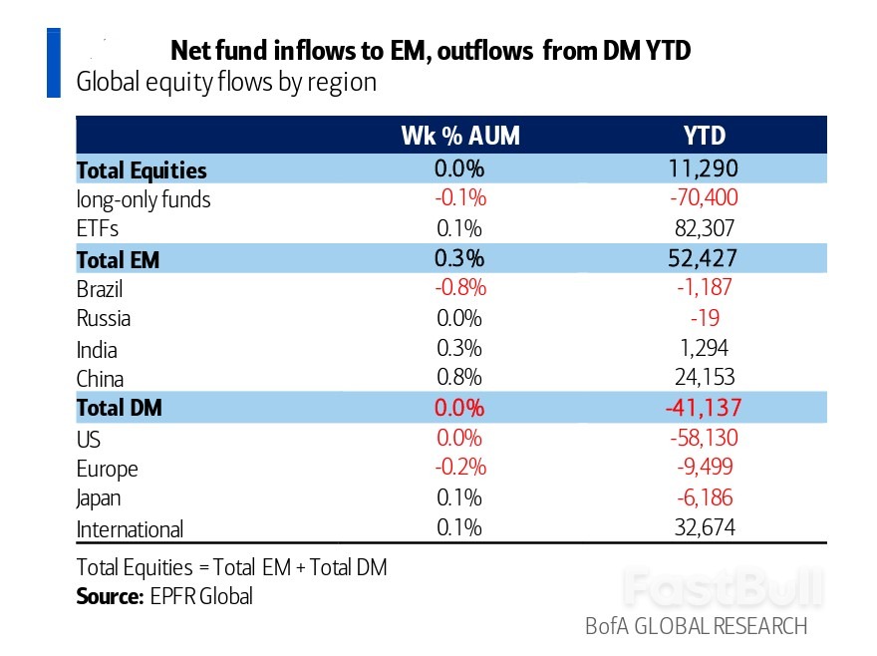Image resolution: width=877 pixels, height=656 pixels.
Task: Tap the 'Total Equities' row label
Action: tap(142, 170)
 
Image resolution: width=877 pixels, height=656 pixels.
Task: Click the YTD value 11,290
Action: tap(705, 169)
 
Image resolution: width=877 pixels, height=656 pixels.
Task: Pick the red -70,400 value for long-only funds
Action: tap(705, 198)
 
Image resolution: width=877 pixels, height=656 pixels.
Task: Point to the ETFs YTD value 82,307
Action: tap(705, 228)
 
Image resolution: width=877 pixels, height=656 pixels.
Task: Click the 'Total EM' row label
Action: tap(118, 261)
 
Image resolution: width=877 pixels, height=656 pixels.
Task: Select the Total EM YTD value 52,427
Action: tap(705, 259)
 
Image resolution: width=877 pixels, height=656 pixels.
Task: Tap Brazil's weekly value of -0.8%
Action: tap(459, 289)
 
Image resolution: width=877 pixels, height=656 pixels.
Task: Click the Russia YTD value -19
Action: tap(705, 319)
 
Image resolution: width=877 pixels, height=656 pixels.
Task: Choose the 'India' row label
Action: tap(97, 350)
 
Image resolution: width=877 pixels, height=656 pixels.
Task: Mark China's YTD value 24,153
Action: tap(705, 378)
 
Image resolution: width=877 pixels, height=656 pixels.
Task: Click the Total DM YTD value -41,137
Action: tap(705, 408)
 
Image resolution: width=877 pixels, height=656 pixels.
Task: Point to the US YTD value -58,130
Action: tap(705, 438)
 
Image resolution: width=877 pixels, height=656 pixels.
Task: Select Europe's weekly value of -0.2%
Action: tap(459, 468)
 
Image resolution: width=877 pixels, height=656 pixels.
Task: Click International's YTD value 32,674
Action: tap(705, 527)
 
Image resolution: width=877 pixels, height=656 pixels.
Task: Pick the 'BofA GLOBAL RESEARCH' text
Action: tap(696, 626)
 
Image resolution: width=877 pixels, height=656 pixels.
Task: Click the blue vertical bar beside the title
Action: tap(54, 64)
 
